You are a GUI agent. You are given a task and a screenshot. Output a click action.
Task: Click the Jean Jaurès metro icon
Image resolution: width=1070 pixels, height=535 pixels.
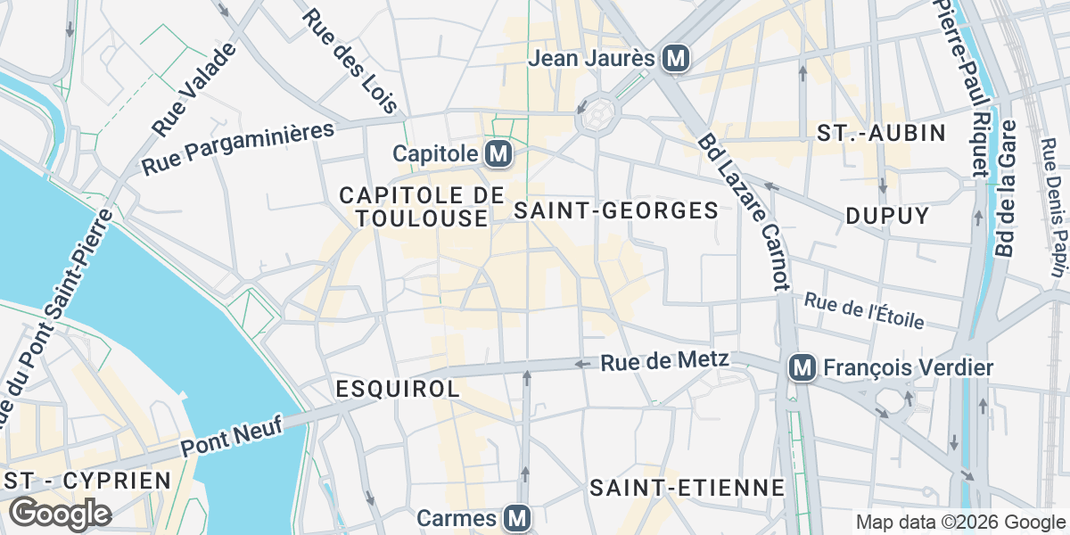tap(677, 59)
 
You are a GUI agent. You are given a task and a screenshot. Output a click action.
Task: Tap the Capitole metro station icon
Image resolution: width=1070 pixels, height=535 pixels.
tap(498, 154)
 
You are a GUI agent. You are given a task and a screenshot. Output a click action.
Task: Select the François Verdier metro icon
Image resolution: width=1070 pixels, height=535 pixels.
tap(802, 367)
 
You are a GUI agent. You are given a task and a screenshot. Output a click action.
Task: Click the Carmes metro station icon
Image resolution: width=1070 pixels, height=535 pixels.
tap(516, 517)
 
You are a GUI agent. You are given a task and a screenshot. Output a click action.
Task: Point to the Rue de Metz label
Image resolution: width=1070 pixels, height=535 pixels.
tap(665, 361)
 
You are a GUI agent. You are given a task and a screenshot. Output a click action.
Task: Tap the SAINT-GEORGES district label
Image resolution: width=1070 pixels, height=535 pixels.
tap(617, 210)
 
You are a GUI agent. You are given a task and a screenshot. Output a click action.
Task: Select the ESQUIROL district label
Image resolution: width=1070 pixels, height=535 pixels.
tap(398, 389)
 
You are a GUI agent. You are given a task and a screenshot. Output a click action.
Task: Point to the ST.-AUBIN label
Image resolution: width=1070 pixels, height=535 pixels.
tap(881, 134)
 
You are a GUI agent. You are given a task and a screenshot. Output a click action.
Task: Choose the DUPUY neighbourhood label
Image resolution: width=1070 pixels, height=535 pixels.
tap(887, 216)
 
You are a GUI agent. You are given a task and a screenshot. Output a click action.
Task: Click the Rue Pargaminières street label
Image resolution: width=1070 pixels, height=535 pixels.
tap(238, 148)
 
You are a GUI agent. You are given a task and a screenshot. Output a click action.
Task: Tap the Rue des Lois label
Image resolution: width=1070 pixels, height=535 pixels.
tap(350, 61)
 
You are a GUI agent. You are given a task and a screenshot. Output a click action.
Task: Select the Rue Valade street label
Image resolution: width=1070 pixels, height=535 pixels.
tap(195, 89)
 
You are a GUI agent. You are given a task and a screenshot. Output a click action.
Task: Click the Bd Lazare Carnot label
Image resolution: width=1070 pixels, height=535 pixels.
tap(744, 212)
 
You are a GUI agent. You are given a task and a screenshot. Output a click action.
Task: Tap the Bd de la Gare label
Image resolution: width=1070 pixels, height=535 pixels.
tap(1007, 189)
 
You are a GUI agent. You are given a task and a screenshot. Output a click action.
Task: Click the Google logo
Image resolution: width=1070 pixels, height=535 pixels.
tap(60, 514)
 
